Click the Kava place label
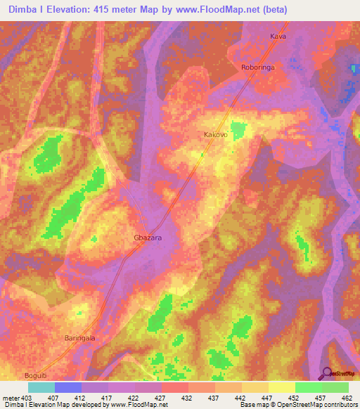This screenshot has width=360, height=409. click(279, 36)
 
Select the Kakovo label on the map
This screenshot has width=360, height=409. click(215, 134)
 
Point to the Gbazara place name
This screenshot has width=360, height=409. click(148, 238)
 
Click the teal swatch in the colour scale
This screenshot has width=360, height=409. click(41, 387)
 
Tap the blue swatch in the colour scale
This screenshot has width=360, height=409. click(68, 387)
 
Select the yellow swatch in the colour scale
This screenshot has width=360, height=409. click(282, 387)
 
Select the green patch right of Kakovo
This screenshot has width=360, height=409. click(240, 129)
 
